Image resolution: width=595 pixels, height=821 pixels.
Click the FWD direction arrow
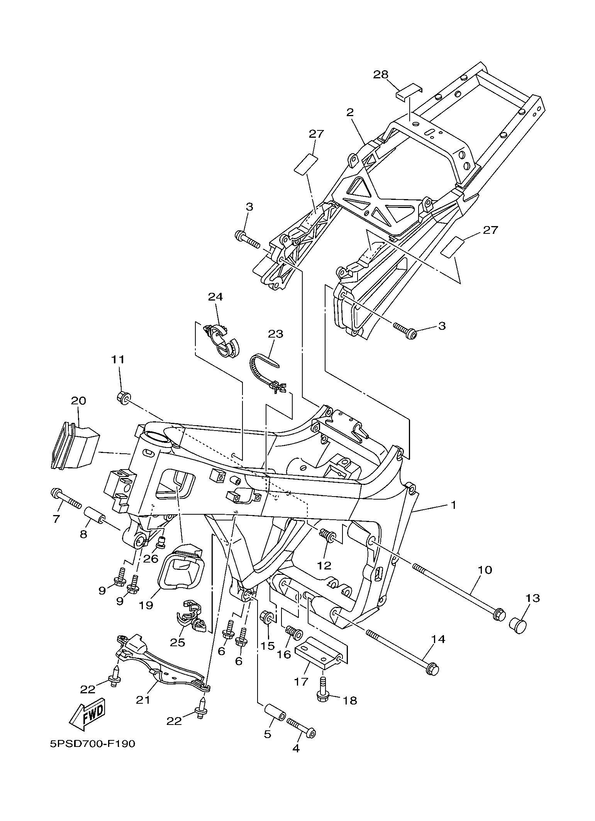pos(87,713)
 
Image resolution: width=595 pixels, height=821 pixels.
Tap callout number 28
pos(380,74)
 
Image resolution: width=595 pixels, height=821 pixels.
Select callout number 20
pos(78,401)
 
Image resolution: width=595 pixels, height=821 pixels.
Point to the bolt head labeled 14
pos(432,671)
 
